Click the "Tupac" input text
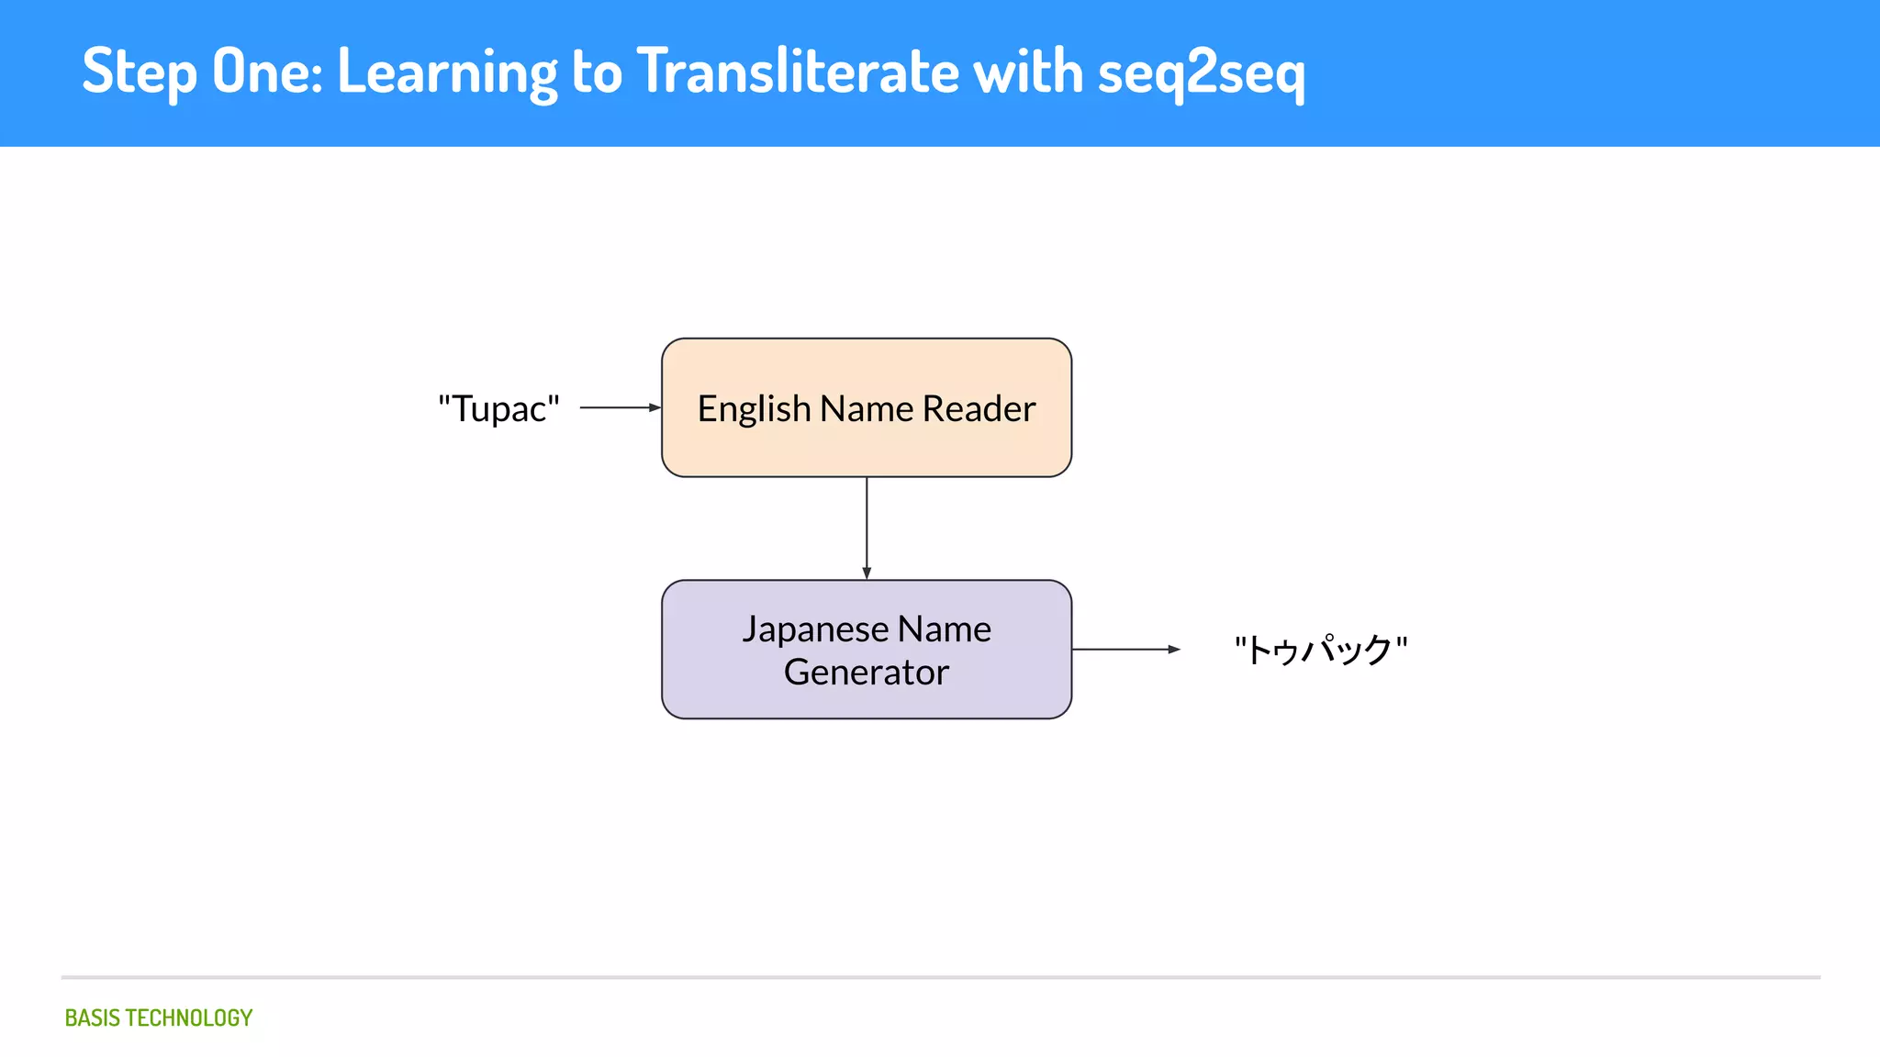tap(498, 408)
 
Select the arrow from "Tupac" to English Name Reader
tap(620, 407)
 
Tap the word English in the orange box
tap(754, 409)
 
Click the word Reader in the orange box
tap(979, 408)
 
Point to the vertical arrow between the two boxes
tap(867, 528)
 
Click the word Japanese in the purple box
tap(815, 630)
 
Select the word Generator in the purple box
tap(866, 673)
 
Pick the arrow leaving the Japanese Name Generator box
tap(1125, 650)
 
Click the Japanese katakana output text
tap(1320, 650)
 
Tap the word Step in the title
tap(140, 72)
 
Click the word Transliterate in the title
tap(798, 72)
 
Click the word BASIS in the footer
tap(92, 1018)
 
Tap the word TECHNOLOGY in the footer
tap(188, 1018)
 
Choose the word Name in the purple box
tap(944, 629)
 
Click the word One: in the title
tap(267, 72)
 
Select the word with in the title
tap(1027, 72)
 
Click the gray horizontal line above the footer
tap(940, 977)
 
